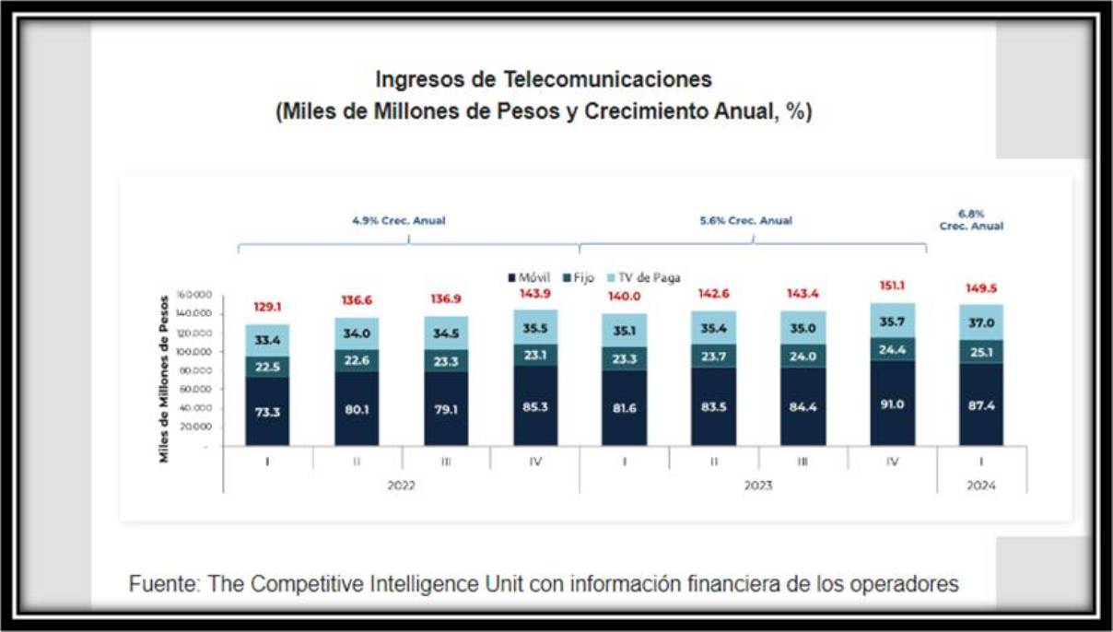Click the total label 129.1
pyautogui.click(x=267, y=308)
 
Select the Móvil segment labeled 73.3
pyautogui.click(x=267, y=411)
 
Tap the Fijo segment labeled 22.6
pyautogui.click(x=357, y=360)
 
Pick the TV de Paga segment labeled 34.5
pyautogui.click(x=446, y=333)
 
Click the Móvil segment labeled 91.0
pyautogui.click(x=892, y=403)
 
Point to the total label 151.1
pyautogui.click(x=892, y=287)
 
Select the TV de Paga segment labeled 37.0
pyautogui.click(x=981, y=322)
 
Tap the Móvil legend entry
pyautogui.click(x=530, y=277)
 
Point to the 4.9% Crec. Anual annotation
pyautogui.click(x=399, y=221)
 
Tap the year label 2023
pyautogui.click(x=757, y=486)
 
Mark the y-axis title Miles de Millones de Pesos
pyautogui.click(x=164, y=379)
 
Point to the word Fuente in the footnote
pyautogui.click(x=161, y=584)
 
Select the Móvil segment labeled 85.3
pyautogui.click(x=535, y=406)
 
